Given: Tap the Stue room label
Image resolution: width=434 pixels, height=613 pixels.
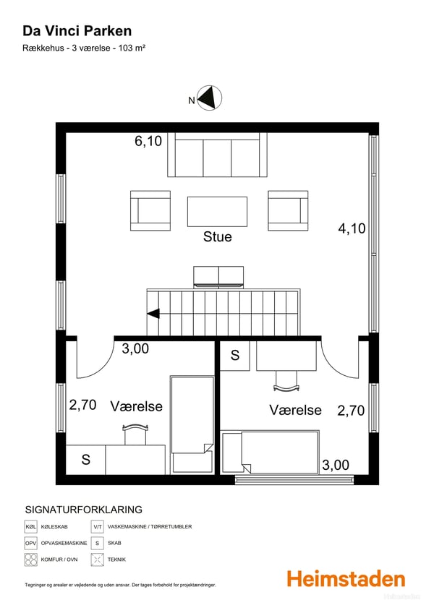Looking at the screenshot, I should tap(217, 236).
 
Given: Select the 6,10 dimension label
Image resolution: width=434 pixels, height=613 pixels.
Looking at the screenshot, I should tap(148, 142).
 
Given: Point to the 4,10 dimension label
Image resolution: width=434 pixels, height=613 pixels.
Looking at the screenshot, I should tap(352, 228).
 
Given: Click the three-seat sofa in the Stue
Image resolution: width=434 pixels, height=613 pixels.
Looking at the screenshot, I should tap(217, 155).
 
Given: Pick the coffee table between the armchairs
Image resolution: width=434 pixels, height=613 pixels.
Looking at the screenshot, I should tap(217, 211).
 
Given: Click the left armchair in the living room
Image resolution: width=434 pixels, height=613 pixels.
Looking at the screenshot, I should tap(150, 210).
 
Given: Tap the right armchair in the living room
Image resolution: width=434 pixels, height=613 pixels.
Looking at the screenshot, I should tap(288, 210).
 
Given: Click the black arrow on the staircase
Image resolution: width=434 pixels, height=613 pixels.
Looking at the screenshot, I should tap(153, 314).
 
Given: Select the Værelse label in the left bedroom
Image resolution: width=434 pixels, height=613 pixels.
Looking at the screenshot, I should tap(137, 406).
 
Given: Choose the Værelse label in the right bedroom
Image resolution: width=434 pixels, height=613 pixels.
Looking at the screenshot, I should tap(295, 410).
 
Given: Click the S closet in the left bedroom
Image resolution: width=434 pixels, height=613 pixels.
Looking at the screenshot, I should tap(85, 459).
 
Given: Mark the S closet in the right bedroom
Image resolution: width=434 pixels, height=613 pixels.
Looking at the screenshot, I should tap(235, 355).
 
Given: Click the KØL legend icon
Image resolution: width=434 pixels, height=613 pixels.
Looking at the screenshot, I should tap(30, 527).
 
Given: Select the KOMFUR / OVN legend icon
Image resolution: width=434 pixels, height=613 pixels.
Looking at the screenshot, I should tap(30, 559).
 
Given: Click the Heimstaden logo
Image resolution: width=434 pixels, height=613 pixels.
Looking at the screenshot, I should tap(346, 578).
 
